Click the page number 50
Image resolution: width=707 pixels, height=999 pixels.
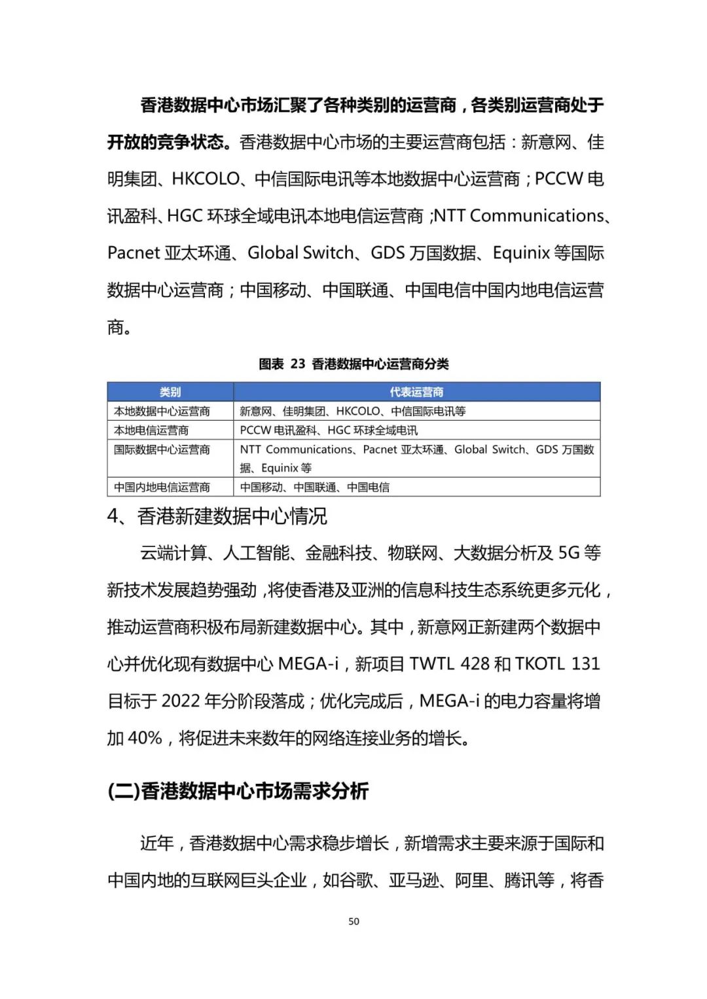click(x=353, y=921)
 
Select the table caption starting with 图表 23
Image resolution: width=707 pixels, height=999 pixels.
click(x=353, y=364)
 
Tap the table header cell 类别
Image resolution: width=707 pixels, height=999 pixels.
click(x=170, y=392)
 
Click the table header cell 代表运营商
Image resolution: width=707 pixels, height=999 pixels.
click(x=416, y=392)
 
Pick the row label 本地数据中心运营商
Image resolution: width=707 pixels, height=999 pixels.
click(x=162, y=411)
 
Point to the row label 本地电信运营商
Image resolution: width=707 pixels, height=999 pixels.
click(x=151, y=430)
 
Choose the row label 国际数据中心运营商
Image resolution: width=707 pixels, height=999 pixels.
click(x=162, y=449)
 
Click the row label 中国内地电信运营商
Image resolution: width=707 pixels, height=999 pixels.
click(x=162, y=487)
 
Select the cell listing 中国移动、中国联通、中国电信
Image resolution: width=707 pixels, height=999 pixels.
click(x=314, y=487)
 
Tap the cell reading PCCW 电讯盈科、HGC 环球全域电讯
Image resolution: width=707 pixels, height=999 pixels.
click(x=329, y=430)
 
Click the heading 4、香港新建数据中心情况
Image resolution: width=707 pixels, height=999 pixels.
click(x=217, y=516)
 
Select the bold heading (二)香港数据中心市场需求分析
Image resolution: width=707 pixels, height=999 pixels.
click(x=238, y=791)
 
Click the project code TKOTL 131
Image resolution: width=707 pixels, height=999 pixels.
click(x=557, y=664)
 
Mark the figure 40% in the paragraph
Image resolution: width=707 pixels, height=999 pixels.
click(x=145, y=738)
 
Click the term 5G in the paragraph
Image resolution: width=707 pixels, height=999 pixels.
click(x=569, y=553)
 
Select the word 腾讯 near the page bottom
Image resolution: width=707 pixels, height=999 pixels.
click(x=520, y=881)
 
